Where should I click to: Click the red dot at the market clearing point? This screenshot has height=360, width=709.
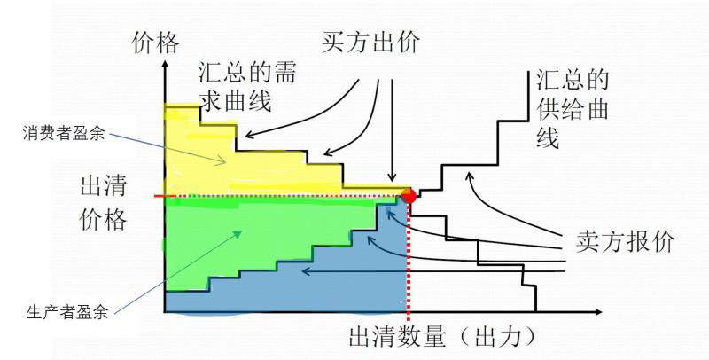point(409,195)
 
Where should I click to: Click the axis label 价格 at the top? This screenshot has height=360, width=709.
point(155,42)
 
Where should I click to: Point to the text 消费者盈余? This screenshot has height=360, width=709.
point(64,134)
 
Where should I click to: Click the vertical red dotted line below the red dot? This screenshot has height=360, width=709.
point(409,266)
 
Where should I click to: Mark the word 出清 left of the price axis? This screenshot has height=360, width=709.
point(105,188)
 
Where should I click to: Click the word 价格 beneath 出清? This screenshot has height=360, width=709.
point(105,219)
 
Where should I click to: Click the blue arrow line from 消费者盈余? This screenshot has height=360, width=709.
point(164,146)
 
